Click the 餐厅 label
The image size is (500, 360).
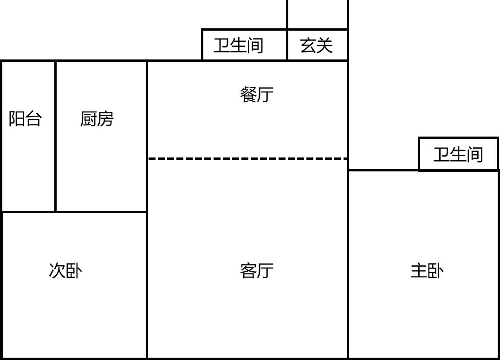point(257,95)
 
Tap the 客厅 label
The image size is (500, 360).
point(257,270)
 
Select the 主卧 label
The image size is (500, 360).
point(427,270)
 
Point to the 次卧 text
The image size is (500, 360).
point(65,270)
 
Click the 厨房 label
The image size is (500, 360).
point(97,119)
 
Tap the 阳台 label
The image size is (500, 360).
point(25,119)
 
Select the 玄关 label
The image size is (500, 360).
point(317,46)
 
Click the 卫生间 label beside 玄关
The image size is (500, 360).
point(239,46)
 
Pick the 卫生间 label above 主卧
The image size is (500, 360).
point(458,154)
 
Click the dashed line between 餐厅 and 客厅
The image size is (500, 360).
point(247,159)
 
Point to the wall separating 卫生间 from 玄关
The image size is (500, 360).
point(287,45)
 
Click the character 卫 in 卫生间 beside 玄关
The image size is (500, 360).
point(222,46)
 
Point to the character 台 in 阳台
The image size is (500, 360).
point(33,119)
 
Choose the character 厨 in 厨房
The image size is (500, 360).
point(88,119)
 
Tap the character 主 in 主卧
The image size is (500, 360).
point(418,270)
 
